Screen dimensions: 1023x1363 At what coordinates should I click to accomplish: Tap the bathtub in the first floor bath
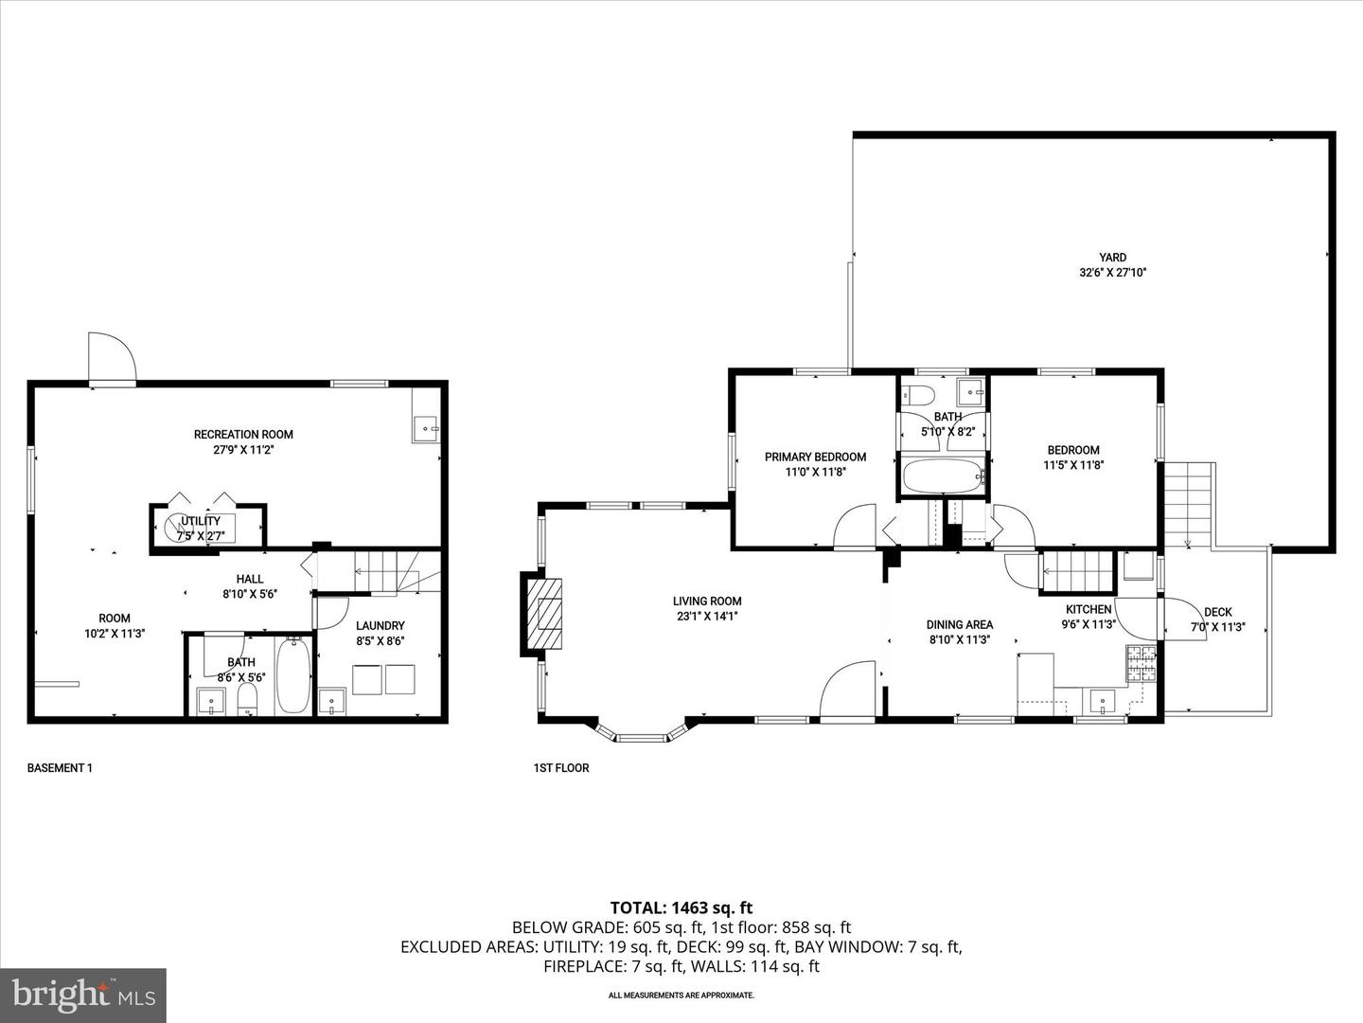click(x=942, y=476)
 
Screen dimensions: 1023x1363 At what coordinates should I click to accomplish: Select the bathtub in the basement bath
click(x=293, y=676)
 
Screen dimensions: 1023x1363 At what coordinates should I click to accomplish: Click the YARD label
click(x=1113, y=258)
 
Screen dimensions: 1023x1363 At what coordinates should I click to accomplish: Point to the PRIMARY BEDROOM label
click(x=815, y=457)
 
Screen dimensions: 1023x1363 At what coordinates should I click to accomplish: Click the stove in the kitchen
click(x=1141, y=663)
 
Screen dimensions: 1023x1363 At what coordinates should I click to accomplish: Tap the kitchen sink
click(x=1103, y=702)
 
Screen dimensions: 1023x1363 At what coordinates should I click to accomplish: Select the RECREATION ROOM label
click(x=243, y=435)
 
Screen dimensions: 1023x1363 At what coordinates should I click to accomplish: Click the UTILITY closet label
click(x=201, y=521)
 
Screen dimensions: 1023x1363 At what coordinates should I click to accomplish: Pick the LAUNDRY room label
click(x=381, y=625)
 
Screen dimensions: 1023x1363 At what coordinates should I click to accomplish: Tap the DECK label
click(x=1217, y=612)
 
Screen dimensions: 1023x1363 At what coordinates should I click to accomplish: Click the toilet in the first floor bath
click(x=917, y=394)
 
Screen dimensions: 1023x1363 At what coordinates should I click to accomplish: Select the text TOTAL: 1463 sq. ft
click(x=681, y=908)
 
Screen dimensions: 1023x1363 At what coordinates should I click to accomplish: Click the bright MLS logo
click(x=83, y=995)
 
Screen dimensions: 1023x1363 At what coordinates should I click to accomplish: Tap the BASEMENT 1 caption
click(x=60, y=768)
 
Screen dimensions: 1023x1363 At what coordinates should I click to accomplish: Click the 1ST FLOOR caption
click(x=561, y=768)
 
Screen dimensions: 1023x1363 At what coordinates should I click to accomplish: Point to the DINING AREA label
click(x=959, y=624)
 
